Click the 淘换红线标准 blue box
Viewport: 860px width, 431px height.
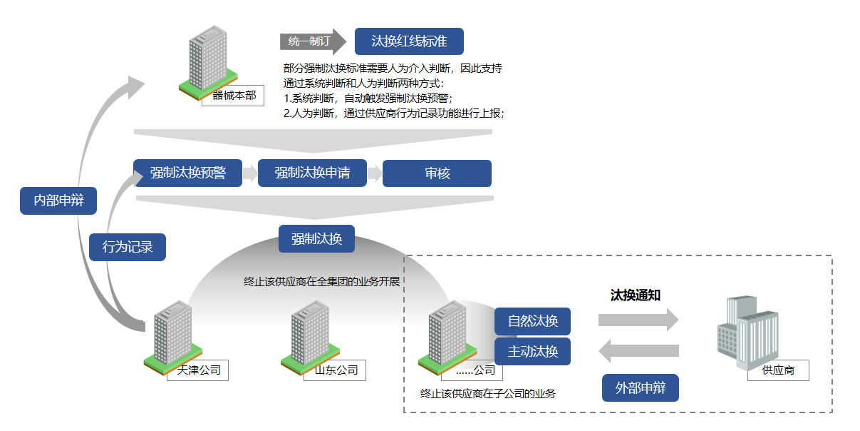[409, 41]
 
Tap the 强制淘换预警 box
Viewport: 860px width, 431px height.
[187, 173]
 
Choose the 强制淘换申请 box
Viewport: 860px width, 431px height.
[312, 173]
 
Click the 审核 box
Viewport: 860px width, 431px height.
[437, 173]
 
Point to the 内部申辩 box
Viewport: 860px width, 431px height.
[58, 201]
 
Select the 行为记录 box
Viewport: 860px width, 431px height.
[128, 248]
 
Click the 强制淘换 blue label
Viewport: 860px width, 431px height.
[316, 239]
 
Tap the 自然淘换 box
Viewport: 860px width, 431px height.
[532, 321]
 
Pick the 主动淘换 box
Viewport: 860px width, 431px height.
[532, 351]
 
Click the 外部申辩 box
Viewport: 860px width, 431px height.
[641, 388]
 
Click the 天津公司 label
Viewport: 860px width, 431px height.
[198, 370]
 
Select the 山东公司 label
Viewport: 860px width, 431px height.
[336, 370]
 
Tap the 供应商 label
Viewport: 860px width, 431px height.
[778, 370]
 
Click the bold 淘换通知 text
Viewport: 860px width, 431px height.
[636, 295]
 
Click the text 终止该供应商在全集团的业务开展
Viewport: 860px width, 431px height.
[321, 281]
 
